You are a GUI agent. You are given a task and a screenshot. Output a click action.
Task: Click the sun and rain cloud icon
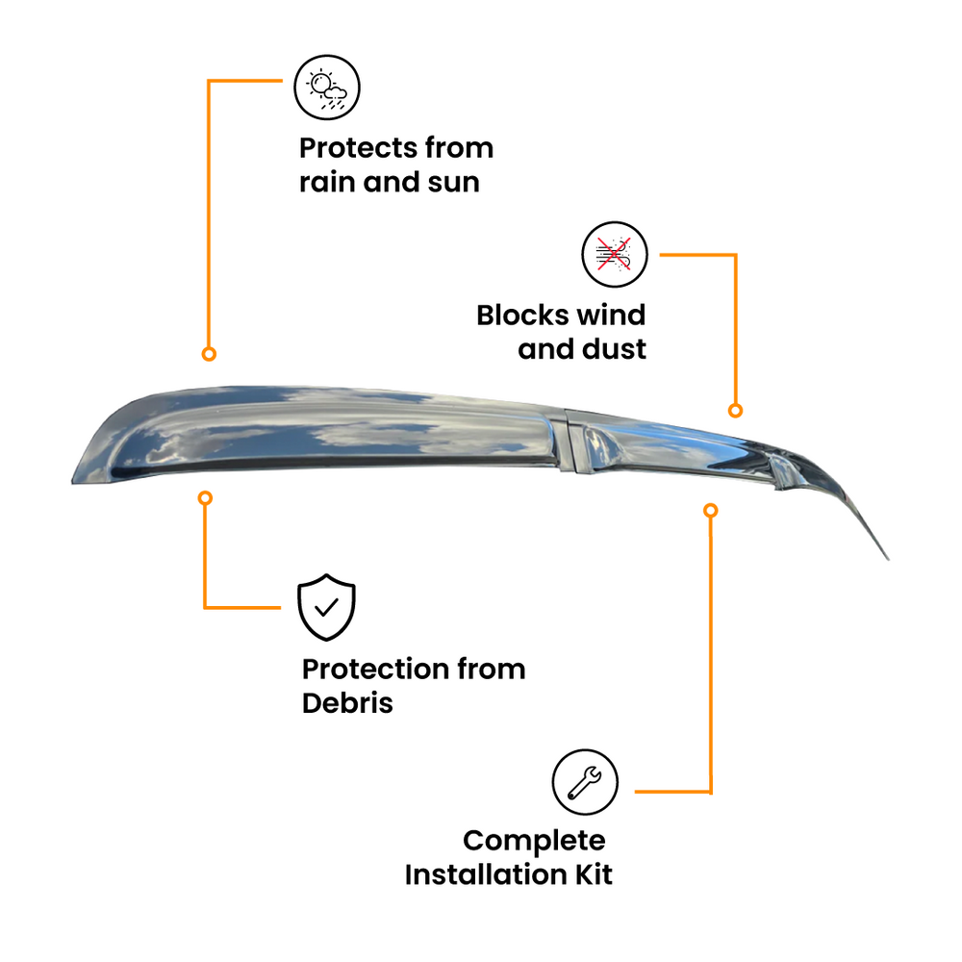(x=327, y=88)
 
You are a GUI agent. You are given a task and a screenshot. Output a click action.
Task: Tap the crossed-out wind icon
(x=615, y=254)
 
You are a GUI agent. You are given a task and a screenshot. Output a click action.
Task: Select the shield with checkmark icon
(x=326, y=607)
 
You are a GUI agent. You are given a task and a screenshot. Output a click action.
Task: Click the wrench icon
(x=585, y=781)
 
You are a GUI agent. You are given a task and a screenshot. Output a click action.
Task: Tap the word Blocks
(x=522, y=315)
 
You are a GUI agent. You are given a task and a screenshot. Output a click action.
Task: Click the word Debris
(x=347, y=703)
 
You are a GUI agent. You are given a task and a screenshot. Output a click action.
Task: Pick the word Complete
(x=534, y=841)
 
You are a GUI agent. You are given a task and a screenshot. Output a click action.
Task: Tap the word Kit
(x=594, y=874)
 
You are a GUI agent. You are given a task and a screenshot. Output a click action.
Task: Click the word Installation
(x=486, y=874)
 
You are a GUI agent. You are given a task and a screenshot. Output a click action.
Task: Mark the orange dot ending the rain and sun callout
(x=209, y=354)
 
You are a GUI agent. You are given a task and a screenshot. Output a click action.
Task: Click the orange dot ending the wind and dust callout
(x=735, y=411)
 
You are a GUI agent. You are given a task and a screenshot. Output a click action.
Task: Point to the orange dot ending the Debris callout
(x=206, y=498)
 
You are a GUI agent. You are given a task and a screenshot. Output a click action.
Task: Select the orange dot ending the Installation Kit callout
(x=711, y=511)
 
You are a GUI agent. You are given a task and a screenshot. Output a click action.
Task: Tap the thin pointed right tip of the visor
(x=888, y=559)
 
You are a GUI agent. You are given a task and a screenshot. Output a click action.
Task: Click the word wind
(x=612, y=315)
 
